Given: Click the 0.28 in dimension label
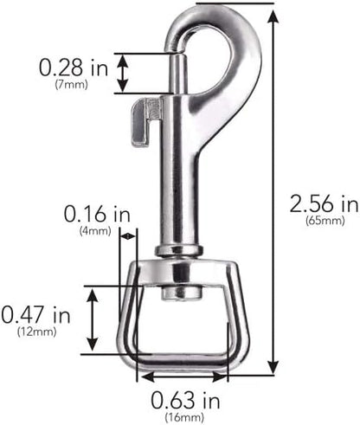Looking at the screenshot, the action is [x=74, y=68].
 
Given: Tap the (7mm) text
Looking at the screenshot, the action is [x=71, y=85].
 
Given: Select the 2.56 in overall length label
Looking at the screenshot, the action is [x=325, y=203].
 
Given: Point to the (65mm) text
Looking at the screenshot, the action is [x=325, y=221].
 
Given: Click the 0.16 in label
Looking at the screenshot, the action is [x=97, y=214].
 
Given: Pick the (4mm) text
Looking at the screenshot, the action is [x=95, y=231].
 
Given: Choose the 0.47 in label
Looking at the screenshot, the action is [x=36, y=314].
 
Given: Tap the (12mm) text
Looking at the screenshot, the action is [x=36, y=332].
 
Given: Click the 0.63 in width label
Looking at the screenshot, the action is [x=185, y=400].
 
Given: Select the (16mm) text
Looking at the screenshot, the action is [x=184, y=417].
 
